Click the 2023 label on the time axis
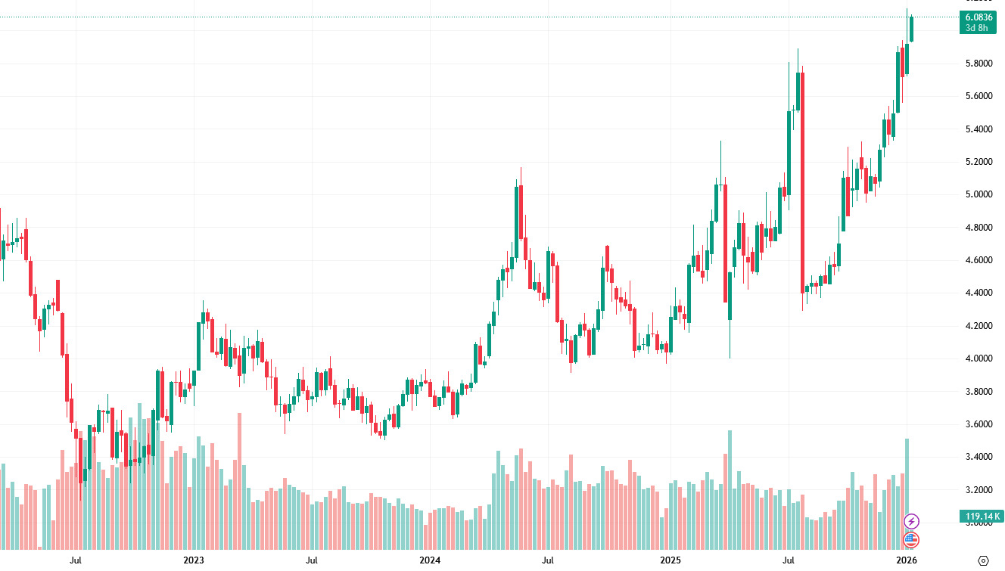[x=194, y=560]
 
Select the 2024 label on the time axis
[x=430, y=560]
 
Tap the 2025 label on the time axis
[x=670, y=560]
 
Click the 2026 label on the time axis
[x=907, y=560]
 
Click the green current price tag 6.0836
[x=979, y=17]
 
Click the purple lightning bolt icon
[x=912, y=521]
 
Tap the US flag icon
[x=912, y=539]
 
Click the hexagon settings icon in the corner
[x=983, y=560]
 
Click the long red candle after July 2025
[x=802, y=182]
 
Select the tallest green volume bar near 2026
[x=907, y=493]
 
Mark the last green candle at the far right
[x=912, y=29]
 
